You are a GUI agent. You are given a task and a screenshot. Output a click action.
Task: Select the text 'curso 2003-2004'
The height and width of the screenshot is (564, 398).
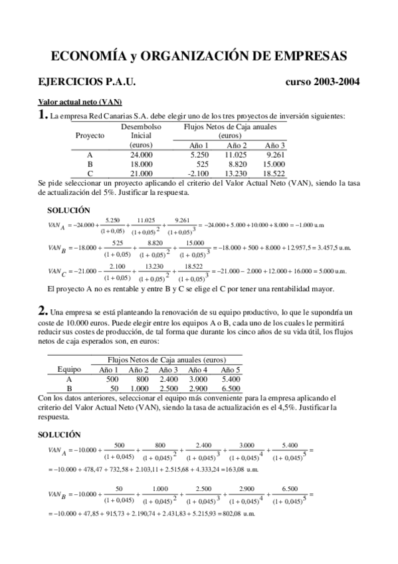click(322, 82)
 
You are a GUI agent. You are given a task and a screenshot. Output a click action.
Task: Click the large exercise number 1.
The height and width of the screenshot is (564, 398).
click(42, 115)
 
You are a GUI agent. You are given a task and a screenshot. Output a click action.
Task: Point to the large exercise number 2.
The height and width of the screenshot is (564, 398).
click(42, 310)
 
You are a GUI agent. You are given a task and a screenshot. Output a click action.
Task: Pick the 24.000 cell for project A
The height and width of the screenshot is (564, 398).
click(142, 155)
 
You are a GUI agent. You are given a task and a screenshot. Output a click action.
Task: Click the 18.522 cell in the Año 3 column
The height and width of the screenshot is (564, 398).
click(274, 174)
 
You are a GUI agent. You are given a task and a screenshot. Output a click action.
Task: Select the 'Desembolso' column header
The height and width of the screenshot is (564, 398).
click(142, 126)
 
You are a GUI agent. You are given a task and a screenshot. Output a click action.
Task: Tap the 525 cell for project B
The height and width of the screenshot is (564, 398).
click(202, 164)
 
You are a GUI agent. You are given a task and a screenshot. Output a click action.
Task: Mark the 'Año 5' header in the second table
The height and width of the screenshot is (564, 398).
click(231, 369)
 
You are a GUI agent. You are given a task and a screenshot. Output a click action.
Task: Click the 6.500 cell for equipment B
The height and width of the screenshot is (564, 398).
click(231, 388)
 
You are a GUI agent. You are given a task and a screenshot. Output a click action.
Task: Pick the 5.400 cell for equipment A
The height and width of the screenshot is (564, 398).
click(231, 378)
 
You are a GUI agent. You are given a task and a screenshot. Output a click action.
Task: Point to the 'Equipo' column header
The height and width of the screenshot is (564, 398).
click(69, 369)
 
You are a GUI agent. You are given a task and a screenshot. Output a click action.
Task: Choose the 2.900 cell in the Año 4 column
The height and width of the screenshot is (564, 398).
click(198, 388)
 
